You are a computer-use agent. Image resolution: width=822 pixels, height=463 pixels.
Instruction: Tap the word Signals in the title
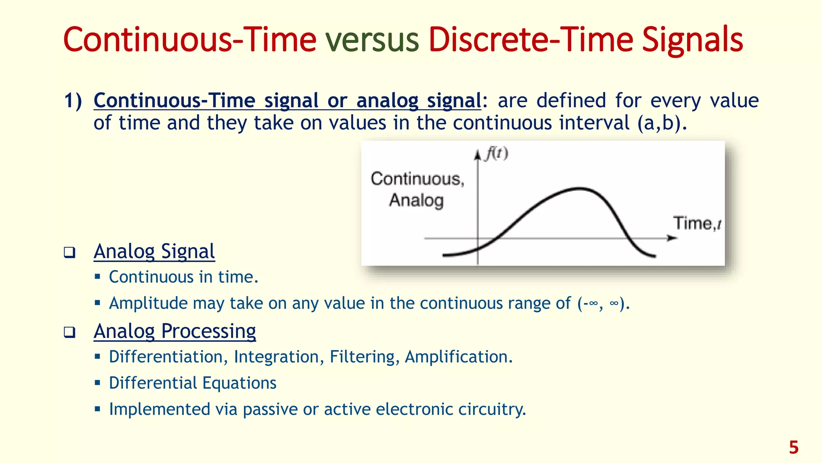tap(692, 40)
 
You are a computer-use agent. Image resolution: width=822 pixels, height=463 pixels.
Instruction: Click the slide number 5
tap(794, 447)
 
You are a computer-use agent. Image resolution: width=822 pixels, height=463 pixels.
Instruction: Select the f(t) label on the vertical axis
tap(496, 154)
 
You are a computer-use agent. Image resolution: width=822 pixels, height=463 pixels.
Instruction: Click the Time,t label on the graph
tap(698, 223)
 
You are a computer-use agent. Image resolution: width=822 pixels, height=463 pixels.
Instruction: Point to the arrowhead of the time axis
tap(672, 238)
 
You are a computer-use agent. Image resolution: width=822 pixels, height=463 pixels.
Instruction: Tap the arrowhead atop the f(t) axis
tap(478, 155)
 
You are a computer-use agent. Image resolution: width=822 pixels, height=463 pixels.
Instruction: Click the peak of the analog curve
tap(579, 188)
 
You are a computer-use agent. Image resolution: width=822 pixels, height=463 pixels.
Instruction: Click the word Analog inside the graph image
tap(416, 200)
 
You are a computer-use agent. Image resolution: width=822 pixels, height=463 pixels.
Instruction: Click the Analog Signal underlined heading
tap(154, 252)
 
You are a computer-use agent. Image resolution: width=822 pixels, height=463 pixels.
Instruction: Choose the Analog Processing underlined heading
tap(175, 332)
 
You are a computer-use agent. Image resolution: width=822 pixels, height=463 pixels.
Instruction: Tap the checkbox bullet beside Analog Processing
tap(69, 332)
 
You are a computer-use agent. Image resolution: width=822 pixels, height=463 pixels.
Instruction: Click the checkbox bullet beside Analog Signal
tap(69, 252)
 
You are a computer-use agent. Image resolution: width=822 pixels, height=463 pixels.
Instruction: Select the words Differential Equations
tap(193, 383)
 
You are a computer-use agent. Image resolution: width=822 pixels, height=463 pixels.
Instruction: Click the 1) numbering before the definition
tap(73, 100)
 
